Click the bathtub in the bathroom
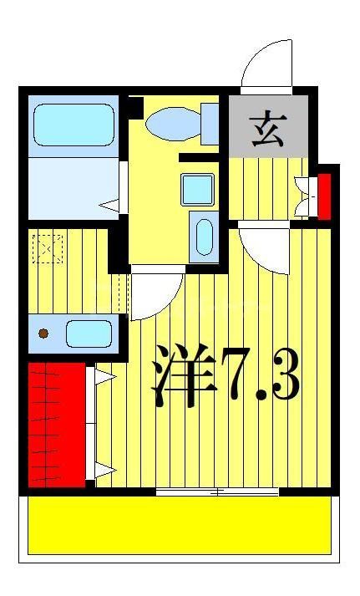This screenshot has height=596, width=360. pyautogui.click(x=74, y=125)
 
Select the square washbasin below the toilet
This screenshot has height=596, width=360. pyautogui.click(x=198, y=189)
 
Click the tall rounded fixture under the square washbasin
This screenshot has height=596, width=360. pyautogui.click(x=203, y=235)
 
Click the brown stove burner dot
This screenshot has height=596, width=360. pyautogui.click(x=43, y=334)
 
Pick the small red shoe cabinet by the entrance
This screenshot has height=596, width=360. pyautogui.click(x=324, y=196)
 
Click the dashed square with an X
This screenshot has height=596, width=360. pyautogui.click(x=48, y=248)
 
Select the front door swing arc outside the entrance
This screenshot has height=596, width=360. pyautogui.click(x=266, y=64)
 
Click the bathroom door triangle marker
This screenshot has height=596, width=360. pyautogui.click(x=109, y=203)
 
